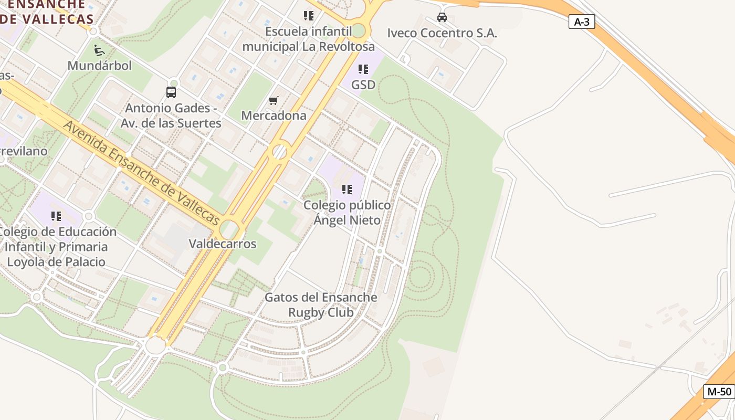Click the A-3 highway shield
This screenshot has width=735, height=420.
[582, 22]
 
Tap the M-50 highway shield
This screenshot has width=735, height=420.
[719, 391]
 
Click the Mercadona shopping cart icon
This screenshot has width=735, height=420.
[273, 100]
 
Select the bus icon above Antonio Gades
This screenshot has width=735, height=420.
[171, 92]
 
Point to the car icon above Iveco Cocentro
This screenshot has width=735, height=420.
[442, 17]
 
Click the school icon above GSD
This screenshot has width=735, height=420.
[363, 69]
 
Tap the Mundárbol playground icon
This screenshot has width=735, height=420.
[99, 50]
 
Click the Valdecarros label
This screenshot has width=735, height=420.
[223, 244]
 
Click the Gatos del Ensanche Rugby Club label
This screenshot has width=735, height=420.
[321, 304]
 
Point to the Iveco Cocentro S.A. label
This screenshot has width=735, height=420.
[442, 33]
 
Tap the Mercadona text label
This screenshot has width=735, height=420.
[274, 115]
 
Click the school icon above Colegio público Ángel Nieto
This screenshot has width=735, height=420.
[347, 189]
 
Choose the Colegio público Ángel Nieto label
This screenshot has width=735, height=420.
[347, 212]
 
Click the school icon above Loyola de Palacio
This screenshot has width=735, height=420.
[56, 216]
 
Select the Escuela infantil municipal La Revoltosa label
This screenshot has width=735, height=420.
[309, 38]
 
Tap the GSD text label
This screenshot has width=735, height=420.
[363, 85]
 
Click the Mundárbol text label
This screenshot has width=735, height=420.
[100, 66]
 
